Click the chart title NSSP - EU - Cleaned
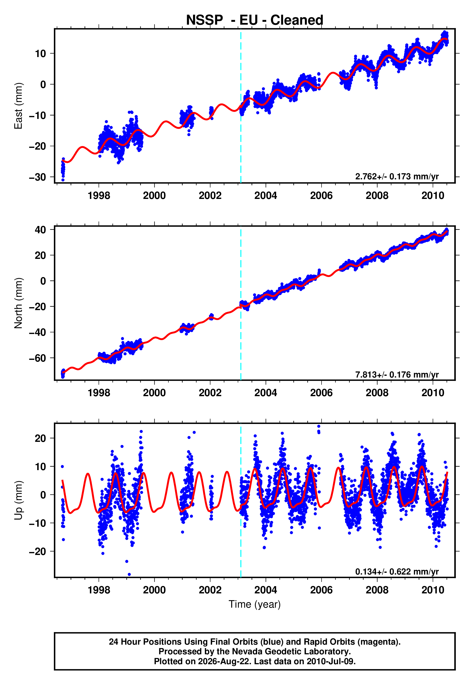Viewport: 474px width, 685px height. click(x=255, y=20)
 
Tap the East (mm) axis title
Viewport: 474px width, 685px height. click(x=18, y=106)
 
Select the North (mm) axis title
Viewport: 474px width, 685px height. click(x=18, y=303)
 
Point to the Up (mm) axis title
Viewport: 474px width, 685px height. click(x=18, y=500)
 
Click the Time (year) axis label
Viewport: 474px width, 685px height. click(x=255, y=604)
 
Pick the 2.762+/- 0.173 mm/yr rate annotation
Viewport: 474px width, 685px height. click(x=397, y=176)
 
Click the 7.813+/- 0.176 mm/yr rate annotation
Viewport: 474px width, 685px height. click(x=397, y=375)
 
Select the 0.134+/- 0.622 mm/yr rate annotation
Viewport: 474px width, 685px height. click(x=397, y=572)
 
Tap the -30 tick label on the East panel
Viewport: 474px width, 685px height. click(x=37, y=177)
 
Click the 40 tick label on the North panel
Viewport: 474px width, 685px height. click(x=40, y=230)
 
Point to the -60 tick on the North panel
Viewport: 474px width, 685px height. click(x=37, y=358)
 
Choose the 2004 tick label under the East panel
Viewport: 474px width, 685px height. click(x=266, y=196)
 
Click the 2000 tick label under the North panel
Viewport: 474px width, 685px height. click(x=154, y=393)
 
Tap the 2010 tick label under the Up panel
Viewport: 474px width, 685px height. click(x=433, y=590)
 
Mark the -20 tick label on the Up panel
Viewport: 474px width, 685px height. click(x=37, y=551)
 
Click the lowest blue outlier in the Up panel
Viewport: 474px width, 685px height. click(x=129, y=575)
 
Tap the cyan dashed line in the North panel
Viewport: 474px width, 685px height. click(x=241, y=303)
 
